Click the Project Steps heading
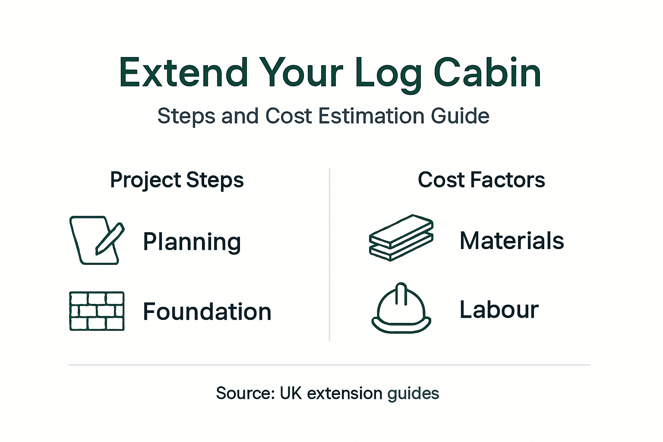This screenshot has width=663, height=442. tap(177, 180)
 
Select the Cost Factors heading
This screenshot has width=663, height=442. tap(481, 180)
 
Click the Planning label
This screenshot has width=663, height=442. tap(192, 242)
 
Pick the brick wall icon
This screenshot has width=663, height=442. tap(97, 311)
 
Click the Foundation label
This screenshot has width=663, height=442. tap(207, 311)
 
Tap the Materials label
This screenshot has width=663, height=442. tap(512, 240)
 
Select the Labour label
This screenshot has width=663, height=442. tap(499, 309)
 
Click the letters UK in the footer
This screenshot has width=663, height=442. tap(290, 393)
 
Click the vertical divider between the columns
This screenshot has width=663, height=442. tap(330, 255)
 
